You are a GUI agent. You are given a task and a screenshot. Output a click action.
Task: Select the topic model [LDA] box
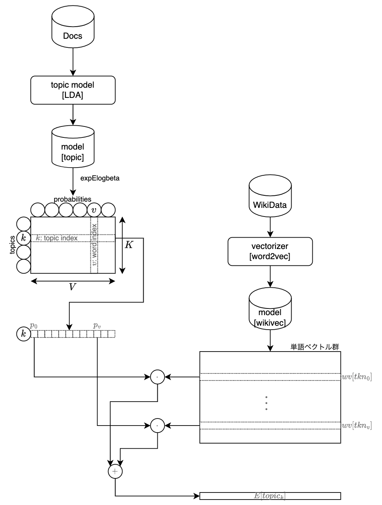pos(73,90)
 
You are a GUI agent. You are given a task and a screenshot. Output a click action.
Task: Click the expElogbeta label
pos(100,178)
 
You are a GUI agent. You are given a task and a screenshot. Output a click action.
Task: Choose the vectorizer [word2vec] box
pos(270,251)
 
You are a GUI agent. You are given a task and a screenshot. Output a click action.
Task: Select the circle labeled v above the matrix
pos(94,210)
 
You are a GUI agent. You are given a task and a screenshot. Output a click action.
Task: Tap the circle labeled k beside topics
pos(23,238)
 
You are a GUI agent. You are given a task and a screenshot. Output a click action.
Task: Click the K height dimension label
pos(129,245)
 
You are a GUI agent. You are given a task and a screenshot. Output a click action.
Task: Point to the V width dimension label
pos(72,287)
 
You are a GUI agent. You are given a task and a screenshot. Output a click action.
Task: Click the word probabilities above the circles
pos(72,199)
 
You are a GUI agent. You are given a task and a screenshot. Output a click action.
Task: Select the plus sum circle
pos(115,472)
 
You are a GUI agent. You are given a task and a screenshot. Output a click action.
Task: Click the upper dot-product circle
pos(157,377)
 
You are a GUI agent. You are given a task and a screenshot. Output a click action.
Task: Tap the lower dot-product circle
pos(157,425)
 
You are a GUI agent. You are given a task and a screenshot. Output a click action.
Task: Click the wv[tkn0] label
pos(357,377)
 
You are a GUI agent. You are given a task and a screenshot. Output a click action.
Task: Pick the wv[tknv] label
pos(357,425)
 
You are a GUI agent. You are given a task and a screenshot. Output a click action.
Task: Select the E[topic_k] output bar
pos(270,496)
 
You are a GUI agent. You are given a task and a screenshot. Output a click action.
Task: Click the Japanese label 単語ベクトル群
pos(315,347)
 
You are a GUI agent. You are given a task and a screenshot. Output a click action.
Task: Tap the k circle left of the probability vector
pos(23,334)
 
